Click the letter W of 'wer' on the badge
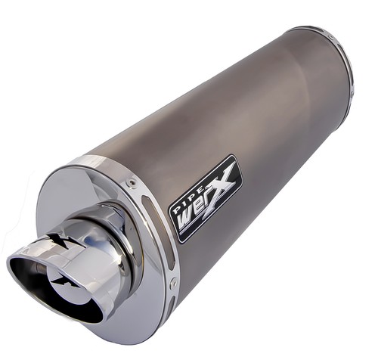click(186, 220)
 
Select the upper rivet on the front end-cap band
click(130, 182)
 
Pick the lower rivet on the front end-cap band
click(173, 281)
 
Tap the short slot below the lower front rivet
click(172, 303)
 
